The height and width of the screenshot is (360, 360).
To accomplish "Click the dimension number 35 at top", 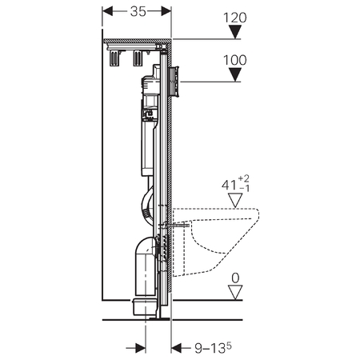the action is tap(138, 11).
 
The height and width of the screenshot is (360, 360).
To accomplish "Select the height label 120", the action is tap(235, 18).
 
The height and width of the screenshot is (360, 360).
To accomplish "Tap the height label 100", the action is tap(235, 60).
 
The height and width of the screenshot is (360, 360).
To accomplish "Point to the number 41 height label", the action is tap(229, 185).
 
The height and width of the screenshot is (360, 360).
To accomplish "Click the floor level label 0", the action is tap(235, 278).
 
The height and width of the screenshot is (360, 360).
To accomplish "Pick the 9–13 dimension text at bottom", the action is tap(213, 348).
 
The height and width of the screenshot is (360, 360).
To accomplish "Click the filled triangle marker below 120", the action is tap(235, 32).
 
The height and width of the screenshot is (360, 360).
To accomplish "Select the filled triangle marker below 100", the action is tap(235, 74).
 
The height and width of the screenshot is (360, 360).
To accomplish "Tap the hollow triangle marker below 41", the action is tap(235, 200).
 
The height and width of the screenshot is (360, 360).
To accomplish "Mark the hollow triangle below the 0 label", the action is tap(235, 292).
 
